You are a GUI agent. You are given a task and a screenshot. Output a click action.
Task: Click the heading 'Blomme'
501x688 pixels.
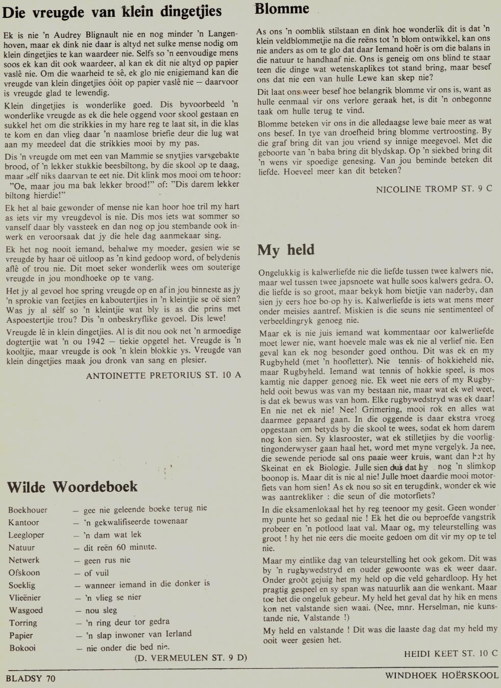282,9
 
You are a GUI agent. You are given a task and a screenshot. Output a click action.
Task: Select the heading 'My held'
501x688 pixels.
286,250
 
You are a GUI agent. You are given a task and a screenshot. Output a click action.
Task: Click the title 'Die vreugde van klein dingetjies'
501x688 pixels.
112,12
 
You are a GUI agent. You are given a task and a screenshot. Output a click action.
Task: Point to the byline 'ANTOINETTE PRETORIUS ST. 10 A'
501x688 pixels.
163,375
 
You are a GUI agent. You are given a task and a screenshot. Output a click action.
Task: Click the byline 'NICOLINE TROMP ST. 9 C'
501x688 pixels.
434,189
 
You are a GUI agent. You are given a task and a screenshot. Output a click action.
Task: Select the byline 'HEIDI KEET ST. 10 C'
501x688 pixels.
450,653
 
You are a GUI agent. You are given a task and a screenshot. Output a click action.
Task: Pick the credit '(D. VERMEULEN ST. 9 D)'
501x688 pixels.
190,657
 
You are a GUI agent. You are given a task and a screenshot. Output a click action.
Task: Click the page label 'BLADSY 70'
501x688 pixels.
30,678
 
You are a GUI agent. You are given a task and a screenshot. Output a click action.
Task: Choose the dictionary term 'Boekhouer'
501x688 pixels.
28,510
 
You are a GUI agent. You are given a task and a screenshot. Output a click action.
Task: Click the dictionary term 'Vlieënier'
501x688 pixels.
24,598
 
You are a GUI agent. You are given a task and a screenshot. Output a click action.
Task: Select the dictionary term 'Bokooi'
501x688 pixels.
22,648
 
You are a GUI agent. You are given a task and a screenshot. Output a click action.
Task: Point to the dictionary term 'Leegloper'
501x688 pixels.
26,535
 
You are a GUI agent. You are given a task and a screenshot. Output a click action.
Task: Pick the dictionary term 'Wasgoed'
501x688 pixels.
26,610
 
